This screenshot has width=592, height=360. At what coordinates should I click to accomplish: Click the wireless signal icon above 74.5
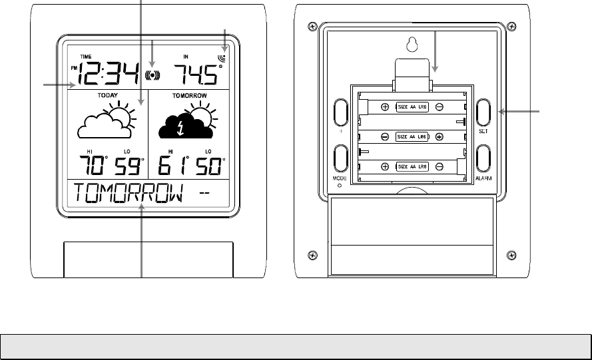(x=222, y=58)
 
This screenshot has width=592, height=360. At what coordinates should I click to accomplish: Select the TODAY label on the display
(x=109, y=96)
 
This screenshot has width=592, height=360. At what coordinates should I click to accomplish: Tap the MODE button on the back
(x=340, y=160)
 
